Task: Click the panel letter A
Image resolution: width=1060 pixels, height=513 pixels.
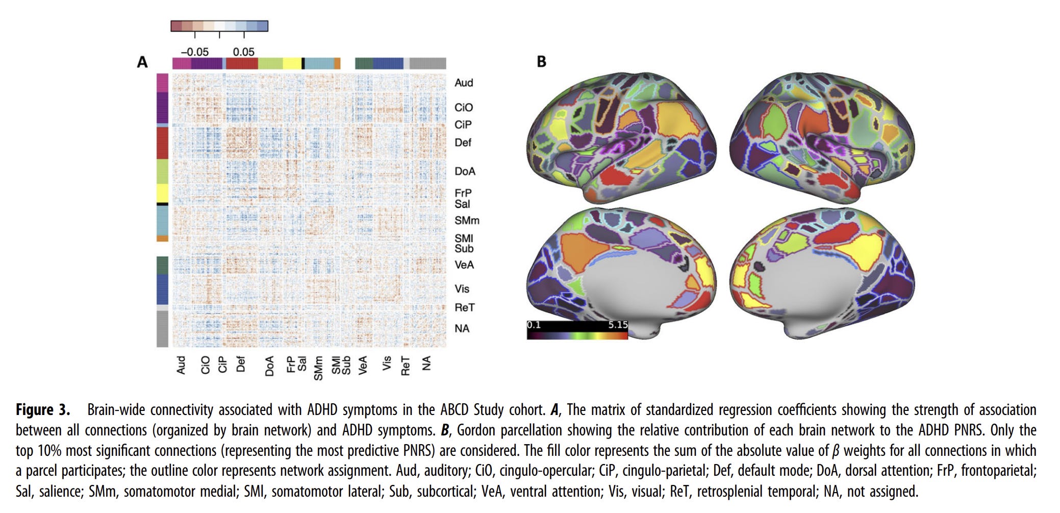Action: (x=142, y=62)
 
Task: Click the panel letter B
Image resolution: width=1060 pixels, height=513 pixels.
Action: (x=542, y=62)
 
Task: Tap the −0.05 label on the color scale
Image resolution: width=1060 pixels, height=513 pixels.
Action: (x=194, y=52)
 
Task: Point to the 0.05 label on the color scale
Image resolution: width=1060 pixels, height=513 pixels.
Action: (x=243, y=52)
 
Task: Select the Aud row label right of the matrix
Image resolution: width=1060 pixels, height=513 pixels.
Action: (x=464, y=83)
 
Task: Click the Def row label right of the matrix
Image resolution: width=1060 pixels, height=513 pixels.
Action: (x=463, y=142)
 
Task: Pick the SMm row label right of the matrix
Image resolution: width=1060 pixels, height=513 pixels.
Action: (x=467, y=221)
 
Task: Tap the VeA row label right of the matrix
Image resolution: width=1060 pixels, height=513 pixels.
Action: (x=464, y=264)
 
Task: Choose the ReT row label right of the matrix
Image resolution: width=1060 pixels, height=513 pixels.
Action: (x=464, y=307)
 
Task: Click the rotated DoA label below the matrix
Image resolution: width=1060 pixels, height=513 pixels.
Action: (x=269, y=366)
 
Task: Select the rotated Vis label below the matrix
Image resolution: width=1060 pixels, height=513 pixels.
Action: (x=387, y=363)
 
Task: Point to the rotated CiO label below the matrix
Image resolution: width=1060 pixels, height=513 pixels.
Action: (x=205, y=365)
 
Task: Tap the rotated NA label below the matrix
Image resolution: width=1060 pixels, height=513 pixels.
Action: (x=426, y=363)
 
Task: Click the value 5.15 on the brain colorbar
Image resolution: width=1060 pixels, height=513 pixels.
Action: (x=617, y=325)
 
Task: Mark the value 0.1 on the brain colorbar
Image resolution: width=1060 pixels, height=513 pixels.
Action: (x=534, y=325)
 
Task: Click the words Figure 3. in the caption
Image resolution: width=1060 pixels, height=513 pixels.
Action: (x=43, y=410)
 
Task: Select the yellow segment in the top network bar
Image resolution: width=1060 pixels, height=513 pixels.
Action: (x=292, y=63)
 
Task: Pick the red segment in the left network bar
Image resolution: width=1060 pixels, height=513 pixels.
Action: (x=162, y=143)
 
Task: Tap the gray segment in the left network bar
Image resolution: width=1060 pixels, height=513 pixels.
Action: (x=162, y=329)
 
